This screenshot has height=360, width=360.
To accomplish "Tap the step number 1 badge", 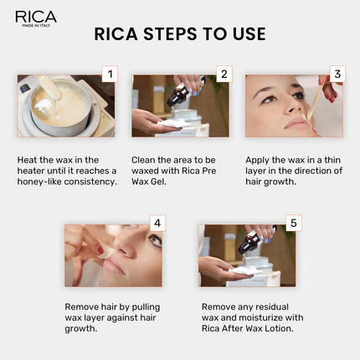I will [x=109, y=75].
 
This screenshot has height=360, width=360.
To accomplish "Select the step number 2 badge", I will [x=223, y=75].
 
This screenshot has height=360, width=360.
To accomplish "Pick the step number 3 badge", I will [x=337, y=75].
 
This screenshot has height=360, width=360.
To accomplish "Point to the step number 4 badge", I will [x=156, y=224].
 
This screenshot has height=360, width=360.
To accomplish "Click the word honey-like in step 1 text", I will [x=45, y=182].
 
